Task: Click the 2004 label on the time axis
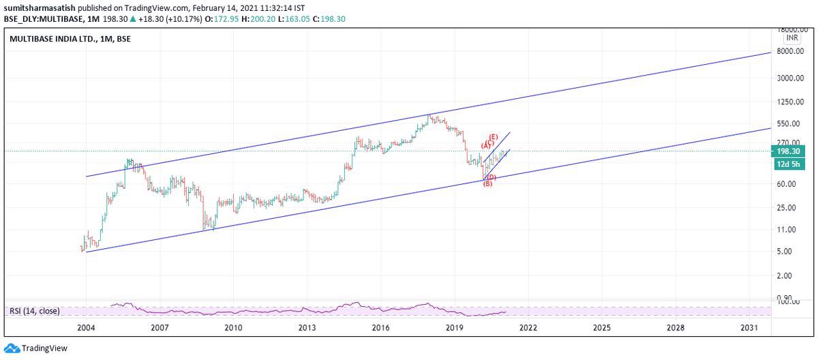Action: click(x=86, y=328)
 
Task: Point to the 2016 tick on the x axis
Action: click(x=380, y=328)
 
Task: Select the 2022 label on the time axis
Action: click(x=527, y=328)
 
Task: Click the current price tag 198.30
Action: click(x=788, y=151)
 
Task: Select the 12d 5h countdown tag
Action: click(x=788, y=164)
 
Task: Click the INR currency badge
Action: click(x=792, y=39)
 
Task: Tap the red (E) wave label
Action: click(x=493, y=137)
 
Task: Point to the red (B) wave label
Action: click(x=487, y=183)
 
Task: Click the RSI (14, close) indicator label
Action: click(x=35, y=311)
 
